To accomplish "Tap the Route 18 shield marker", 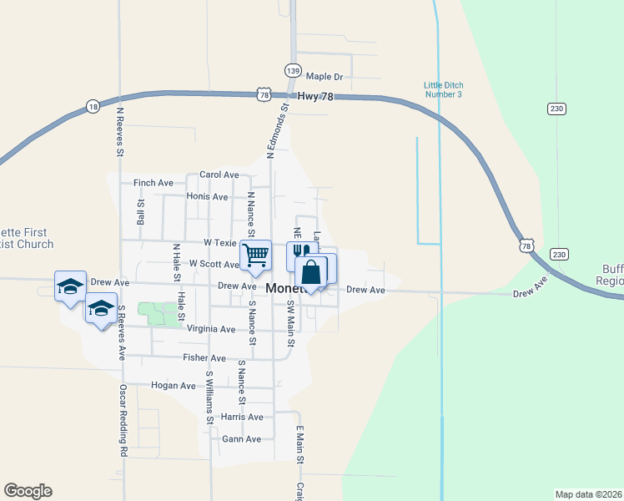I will point(92,107).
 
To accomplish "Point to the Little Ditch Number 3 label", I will point(443,89).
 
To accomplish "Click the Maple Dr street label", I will point(325,77).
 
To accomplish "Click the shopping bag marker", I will point(311,273).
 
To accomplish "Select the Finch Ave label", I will point(153,182).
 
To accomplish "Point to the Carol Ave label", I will point(219,175).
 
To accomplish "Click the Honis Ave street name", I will point(208,197).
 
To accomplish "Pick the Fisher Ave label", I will point(205,357).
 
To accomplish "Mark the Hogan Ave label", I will point(173,386).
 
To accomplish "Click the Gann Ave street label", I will point(242,438).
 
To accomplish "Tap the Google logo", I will point(28,491).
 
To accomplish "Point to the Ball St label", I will point(141,212).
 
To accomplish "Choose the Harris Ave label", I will point(242,417).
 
